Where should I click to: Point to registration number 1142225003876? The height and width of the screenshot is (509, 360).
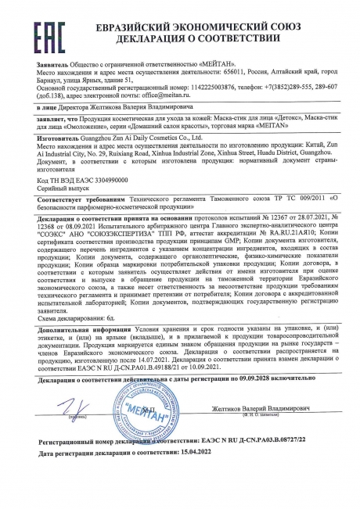195,87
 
